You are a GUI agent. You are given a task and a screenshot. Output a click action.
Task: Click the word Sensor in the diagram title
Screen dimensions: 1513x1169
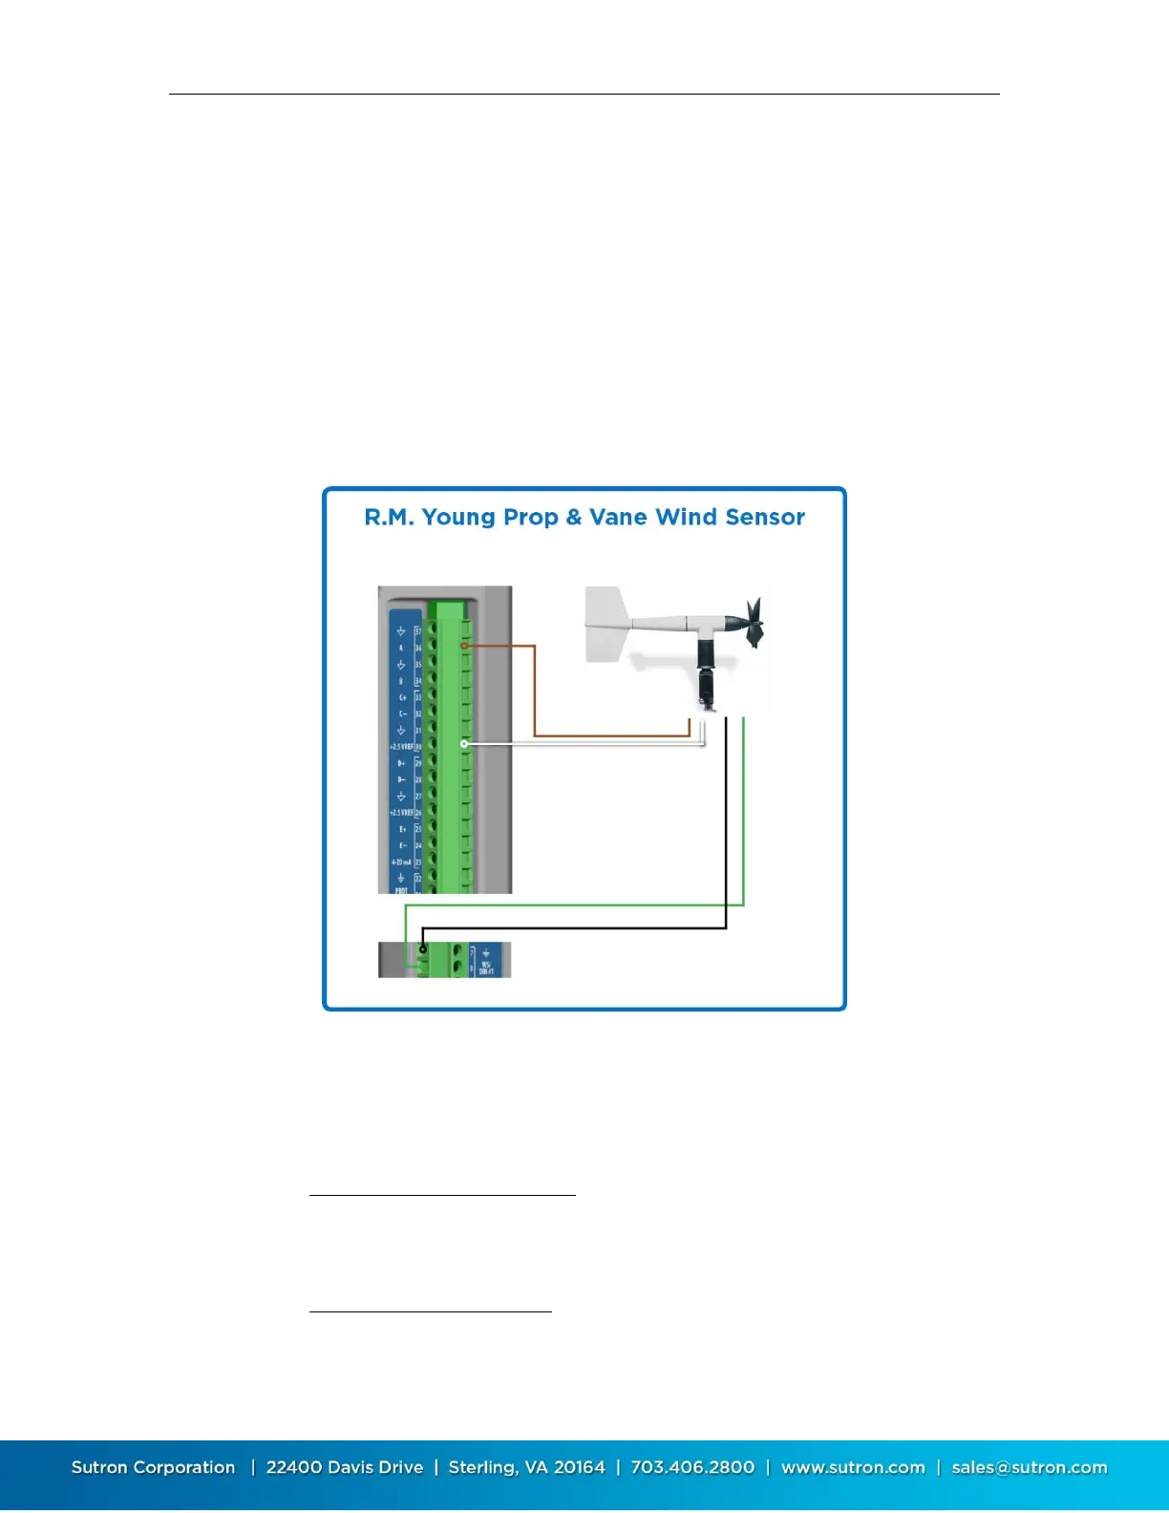pos(764,517)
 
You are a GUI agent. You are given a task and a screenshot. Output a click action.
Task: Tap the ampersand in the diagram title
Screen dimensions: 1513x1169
pos(573,518)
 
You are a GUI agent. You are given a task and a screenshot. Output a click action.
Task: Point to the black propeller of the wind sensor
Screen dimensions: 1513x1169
pos(754,622)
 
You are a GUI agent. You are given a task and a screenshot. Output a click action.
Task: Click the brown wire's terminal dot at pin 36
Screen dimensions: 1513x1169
pos(464,646)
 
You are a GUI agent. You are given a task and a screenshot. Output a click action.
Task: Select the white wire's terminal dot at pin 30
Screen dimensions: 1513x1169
pos(464,743)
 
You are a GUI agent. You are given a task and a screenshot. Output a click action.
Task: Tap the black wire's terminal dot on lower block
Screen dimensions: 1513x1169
pos(423,948)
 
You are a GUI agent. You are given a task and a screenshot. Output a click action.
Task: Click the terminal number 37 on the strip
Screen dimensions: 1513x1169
pos(418,631)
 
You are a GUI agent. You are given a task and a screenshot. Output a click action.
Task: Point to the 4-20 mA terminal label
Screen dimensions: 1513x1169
pos(401,862)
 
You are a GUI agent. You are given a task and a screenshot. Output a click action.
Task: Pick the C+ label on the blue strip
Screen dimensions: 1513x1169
pos(402,697)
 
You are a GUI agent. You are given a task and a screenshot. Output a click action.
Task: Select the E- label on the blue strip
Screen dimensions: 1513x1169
pos(402,845)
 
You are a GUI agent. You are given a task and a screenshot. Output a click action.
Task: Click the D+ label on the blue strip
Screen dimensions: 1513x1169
pos(402,763)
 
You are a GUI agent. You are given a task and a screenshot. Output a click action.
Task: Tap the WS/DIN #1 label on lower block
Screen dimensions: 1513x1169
pos(486,967)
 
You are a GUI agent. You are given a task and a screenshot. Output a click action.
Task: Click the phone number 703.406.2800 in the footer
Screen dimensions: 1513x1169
pos(692,1467)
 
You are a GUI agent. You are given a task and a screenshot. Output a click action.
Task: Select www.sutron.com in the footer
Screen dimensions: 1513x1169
pos(853,1467)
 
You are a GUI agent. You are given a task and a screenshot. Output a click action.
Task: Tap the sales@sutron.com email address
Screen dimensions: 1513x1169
pos(1030,1467)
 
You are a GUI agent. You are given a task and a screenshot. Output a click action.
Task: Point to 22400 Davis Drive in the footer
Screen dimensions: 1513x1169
pos(345,1467)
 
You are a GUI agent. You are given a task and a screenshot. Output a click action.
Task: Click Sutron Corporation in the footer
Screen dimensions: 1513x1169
pos(153,1467)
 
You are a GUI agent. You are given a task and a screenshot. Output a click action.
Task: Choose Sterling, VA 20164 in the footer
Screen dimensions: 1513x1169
pos(527,1467)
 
